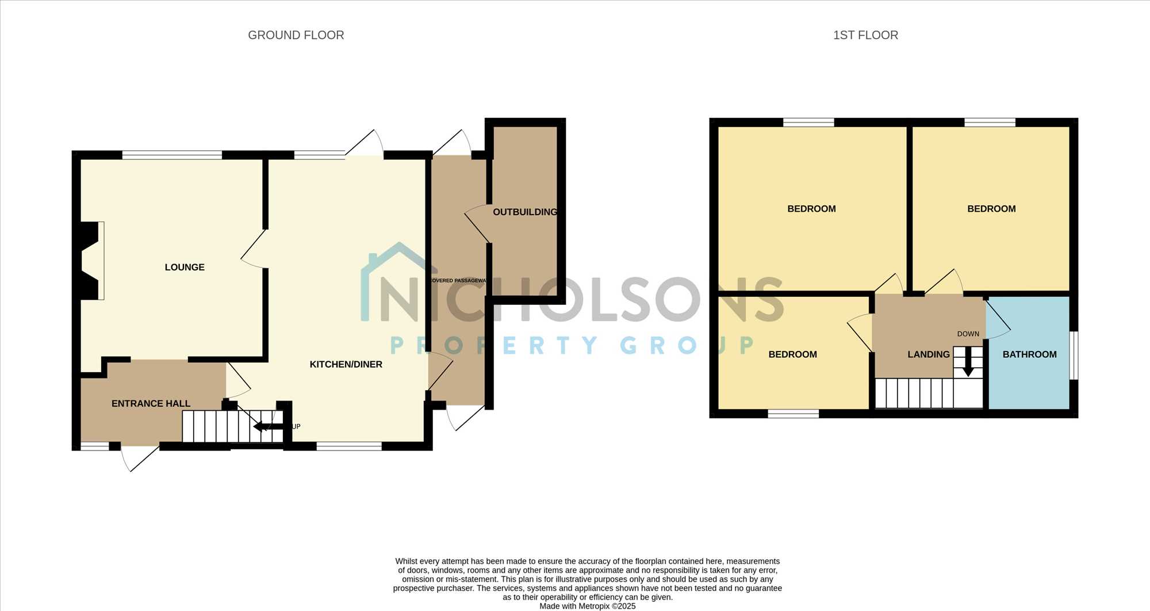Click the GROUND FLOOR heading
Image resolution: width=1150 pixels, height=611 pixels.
click(296, 35)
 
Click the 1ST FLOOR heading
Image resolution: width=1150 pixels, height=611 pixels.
click(865, 35)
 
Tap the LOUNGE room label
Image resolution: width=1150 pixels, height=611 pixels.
click(185, 267)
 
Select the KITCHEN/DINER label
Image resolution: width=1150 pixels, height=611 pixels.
click(346, 364)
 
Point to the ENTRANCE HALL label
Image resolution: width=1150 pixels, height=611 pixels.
click(151, 403)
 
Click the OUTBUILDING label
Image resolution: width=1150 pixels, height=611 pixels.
click(525, 212)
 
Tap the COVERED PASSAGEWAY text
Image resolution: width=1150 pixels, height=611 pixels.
click(458, 281)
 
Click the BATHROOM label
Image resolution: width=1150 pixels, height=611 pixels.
click(1029, 354)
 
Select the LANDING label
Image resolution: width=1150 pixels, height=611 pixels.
click(929, 354)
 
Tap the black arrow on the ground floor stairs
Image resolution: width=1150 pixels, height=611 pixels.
click(269, 426)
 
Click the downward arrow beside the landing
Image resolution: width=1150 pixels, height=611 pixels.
click(968, 362)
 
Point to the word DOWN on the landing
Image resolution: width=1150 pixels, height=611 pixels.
click(968, 334)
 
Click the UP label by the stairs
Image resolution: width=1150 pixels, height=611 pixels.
click(296, 426)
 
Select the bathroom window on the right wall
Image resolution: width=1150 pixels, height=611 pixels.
click(1074, 355)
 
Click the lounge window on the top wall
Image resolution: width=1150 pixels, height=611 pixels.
click(172, 155)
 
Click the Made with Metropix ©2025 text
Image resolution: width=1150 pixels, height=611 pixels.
click(588, 606)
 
